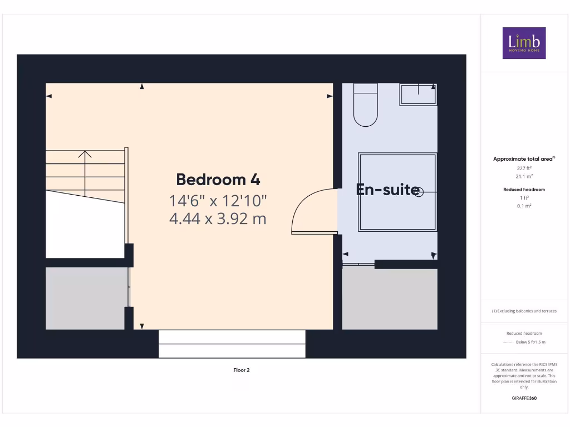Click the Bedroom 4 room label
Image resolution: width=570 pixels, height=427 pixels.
point(218,180)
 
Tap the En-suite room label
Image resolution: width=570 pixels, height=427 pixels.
point(387,190)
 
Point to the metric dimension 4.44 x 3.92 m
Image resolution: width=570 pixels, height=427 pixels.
point(218,219)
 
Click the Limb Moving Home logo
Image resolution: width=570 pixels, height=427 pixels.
point(524,43)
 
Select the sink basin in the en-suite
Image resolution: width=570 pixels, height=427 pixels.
point(417,95)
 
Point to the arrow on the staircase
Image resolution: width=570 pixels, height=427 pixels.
point(85,155)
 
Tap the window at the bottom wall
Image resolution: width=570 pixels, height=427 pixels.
point(232,344)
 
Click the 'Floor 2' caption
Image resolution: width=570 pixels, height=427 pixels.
point(241,370)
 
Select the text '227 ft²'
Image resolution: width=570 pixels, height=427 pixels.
point(524,168)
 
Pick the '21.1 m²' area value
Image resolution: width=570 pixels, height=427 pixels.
point(524,176)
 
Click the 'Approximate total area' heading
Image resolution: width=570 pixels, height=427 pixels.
point(523,159)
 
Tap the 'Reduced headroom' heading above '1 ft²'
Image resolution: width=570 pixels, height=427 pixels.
point(524,190)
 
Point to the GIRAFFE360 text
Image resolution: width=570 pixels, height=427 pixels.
point(524,398)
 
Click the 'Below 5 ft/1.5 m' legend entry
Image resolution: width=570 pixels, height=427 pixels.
point(530,342)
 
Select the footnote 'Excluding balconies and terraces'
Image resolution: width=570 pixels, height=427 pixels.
point(524,311)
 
